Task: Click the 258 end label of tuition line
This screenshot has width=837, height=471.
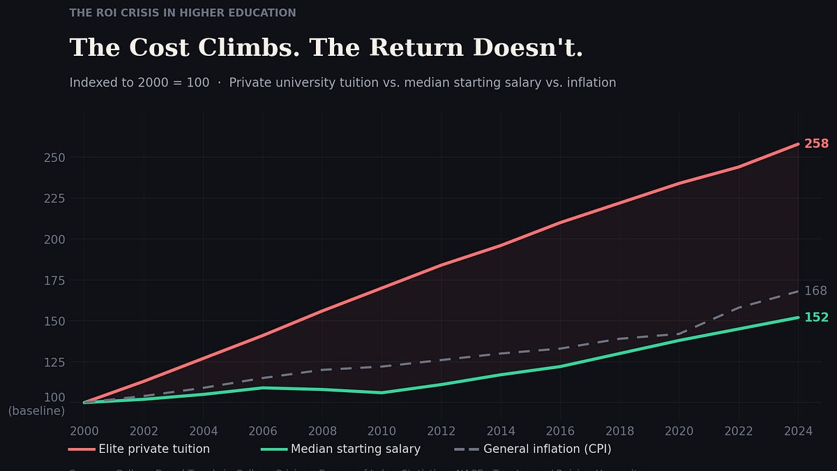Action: (x=816, y=144)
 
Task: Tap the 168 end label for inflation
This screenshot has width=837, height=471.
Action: (x=815, y=291)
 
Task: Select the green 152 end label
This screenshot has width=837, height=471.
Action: (x=816, y=317)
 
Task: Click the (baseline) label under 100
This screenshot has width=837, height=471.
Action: (x=36, y=411)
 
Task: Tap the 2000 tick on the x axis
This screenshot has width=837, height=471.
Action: (x=84, y=431)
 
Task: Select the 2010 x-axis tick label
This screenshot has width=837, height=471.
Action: (x=382, y=431)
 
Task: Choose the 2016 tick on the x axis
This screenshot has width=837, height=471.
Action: (x=560, y=431)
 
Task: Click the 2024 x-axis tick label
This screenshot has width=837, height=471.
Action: (x=798, y=431)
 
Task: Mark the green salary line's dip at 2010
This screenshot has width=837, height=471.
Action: (x=382, y=393)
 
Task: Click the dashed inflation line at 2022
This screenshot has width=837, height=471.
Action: (x=739, y=307)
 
